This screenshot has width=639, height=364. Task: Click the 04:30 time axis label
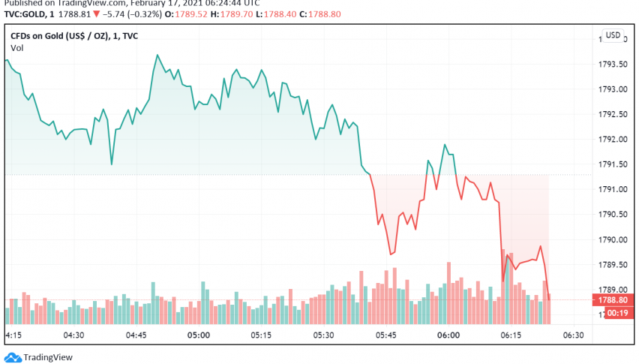pyautogui.click(x=73, y=335)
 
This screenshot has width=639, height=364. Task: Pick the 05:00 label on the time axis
pyautogui.click(x=198, y=335)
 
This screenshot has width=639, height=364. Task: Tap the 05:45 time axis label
pyautogui.click(x=385, y=335)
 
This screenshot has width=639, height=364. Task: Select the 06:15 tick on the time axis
pyautogui.click(x=511, y=335)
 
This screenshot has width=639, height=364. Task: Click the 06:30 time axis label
pyautogui.click(x=574, y=335)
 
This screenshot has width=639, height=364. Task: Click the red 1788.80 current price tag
pyautogui.click(x=615, y=299)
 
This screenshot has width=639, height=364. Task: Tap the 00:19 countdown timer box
pyautogui.click(x=615, y=312)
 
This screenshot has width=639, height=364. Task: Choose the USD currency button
pyautogui.click(x=613, y=35)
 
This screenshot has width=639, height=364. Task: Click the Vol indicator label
pyautogui.click(x=16, y=48)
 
